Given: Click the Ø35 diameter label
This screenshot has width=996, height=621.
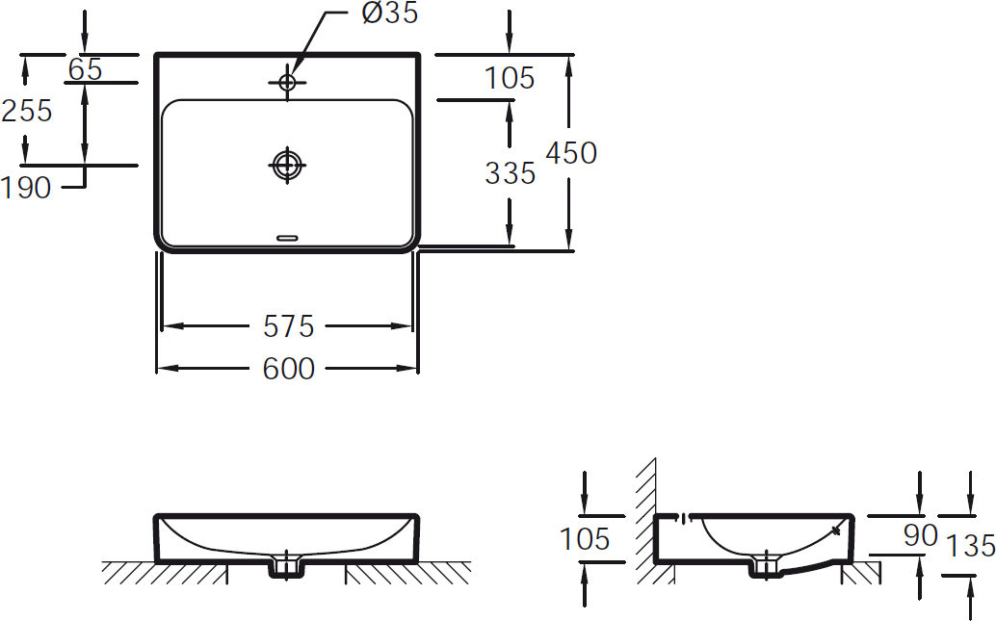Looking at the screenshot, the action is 390,13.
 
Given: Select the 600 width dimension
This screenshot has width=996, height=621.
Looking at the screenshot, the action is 288,369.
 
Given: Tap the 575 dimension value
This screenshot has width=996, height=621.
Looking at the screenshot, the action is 288,326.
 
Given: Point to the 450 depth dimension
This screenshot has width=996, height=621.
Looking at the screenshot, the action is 571,153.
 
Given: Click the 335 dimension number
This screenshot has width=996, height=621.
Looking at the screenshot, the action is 511,173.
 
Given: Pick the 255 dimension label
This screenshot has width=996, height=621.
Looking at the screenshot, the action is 27,111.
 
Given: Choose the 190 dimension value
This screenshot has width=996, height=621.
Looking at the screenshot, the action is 26,188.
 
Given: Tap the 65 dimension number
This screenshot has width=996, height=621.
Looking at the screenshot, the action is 85,69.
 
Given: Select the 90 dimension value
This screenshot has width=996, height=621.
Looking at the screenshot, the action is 921,536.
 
